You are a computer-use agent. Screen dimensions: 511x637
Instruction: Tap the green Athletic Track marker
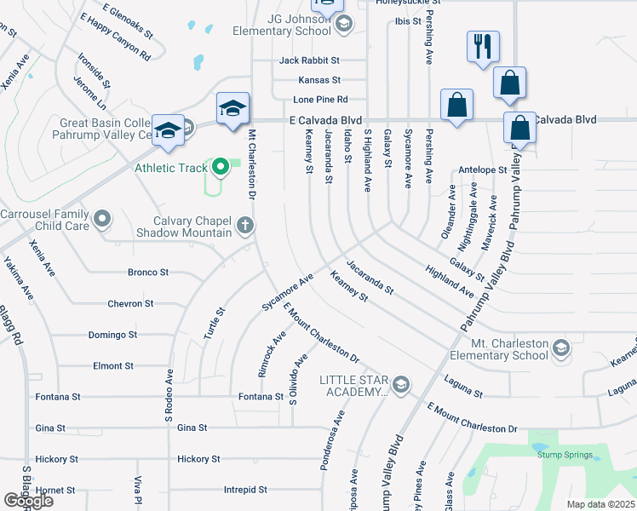click(221, 166)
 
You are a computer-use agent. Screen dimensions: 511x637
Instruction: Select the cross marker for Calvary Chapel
click(245, 226)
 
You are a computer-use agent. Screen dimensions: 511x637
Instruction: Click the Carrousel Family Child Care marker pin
click(102, 220)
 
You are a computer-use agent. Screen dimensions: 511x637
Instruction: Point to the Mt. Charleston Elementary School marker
click(560, 347)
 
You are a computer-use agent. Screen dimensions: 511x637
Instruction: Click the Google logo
click(29, 500)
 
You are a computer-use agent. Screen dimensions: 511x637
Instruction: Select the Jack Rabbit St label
click(309, 60)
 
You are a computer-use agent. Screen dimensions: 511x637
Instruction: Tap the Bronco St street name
click(148, 273)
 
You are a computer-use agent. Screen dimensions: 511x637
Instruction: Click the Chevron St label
click(130, 303)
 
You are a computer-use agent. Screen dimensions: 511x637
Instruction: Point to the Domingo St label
click(112, 335)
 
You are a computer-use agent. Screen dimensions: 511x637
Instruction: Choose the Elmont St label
click(112, 365)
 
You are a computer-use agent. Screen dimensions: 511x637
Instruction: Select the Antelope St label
click(483, 170)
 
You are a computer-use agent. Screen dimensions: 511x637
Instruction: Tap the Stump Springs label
click(565, 455)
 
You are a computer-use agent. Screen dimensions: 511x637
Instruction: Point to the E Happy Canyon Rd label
click(114, 36)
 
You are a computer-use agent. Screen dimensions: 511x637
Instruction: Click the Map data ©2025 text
click(600, 504)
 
